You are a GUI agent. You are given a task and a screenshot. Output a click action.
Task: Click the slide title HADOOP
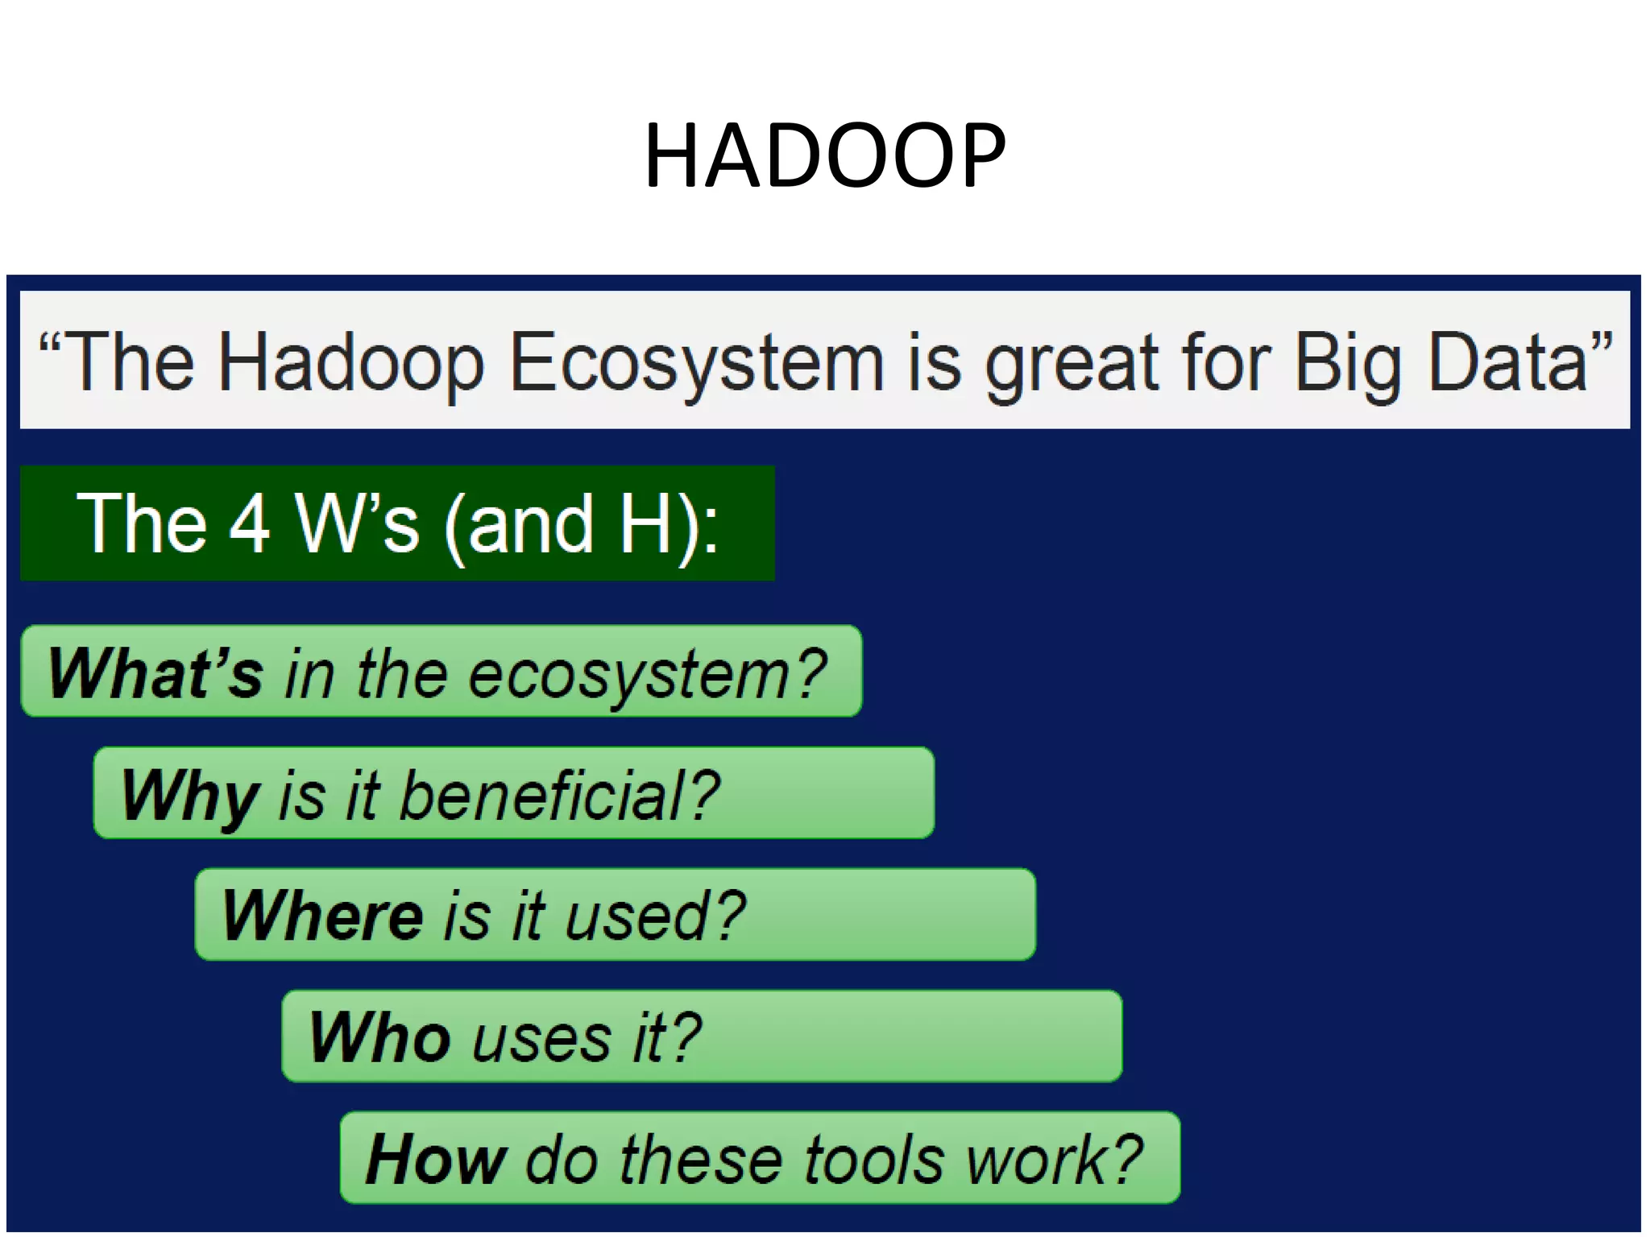pyautogui.click(x=825, y=155)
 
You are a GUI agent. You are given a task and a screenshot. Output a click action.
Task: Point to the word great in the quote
pyautogui.click(x=1072, y=364)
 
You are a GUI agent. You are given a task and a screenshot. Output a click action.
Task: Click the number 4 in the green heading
pyautogui.click(x=249, y=524)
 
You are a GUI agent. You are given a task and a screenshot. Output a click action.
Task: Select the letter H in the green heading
pyautogui.click(x=645, y=524)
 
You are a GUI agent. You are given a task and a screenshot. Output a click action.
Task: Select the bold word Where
pyautogui.click(x=322, y=916)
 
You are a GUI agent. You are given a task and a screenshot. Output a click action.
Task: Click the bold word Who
pyautogui.click(x=379, y=1037)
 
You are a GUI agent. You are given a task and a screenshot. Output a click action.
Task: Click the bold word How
pyautogui.click(x=435, y=1160)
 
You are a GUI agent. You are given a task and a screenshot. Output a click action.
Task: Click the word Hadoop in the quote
pyautogui.click(x=351, y=364)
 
